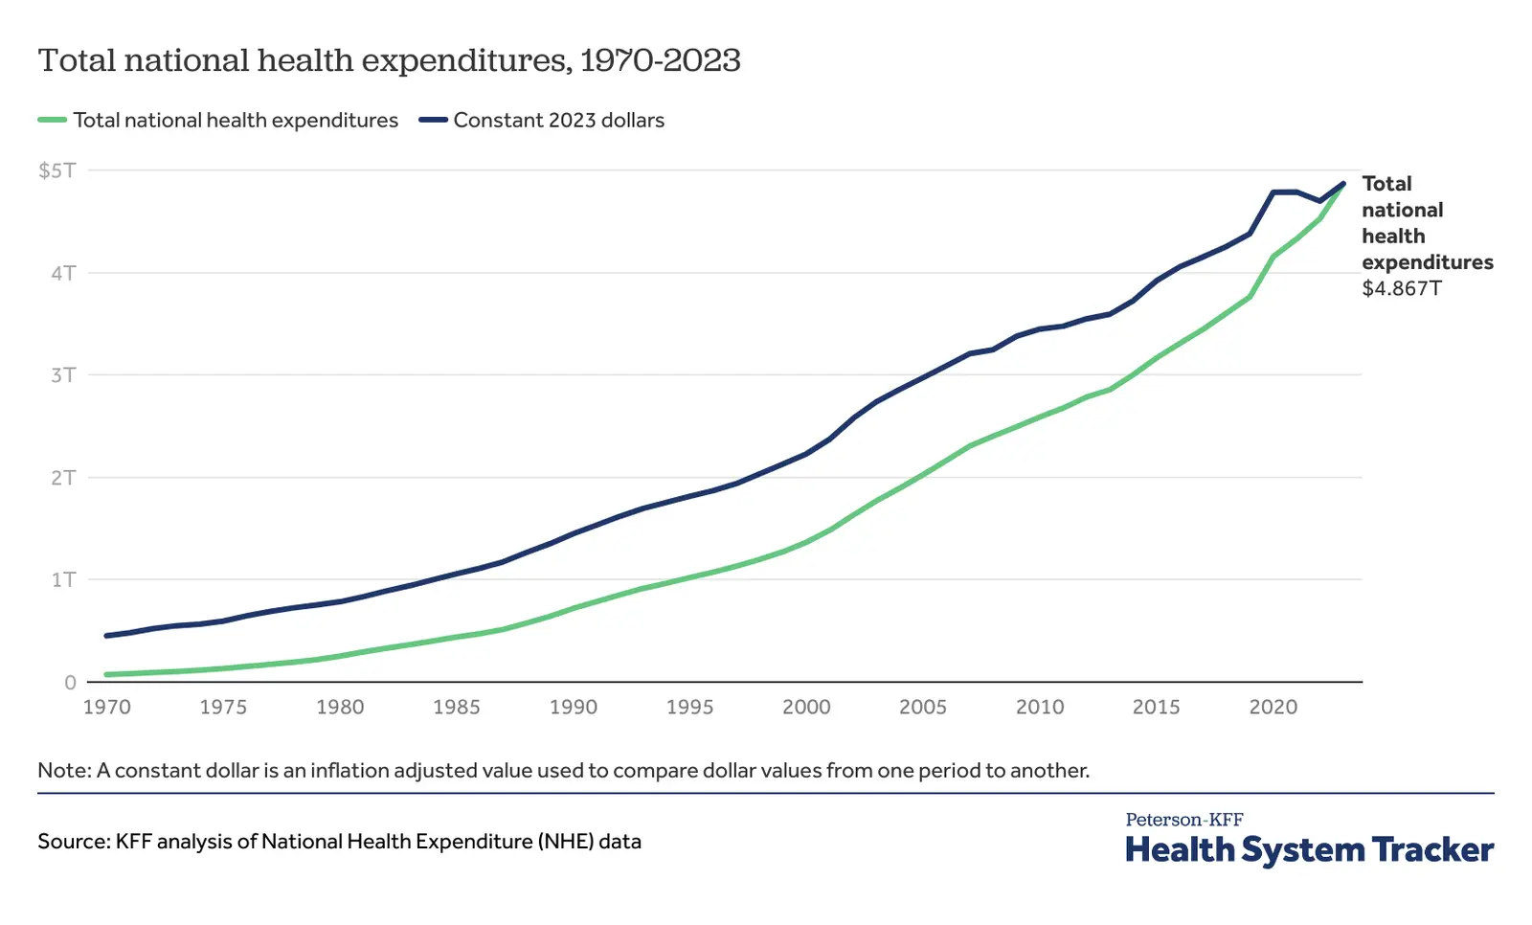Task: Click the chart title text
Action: pyautogui.click(x=389, y=60)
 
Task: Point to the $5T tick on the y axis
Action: pyautogui.click(x=56, y=170)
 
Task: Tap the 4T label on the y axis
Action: pyautogui.click(x=63, y=273)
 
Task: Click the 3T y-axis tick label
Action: pyautogui.click(x=63, y=375)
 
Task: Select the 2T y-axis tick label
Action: pyautogui.click(x=63, y=478)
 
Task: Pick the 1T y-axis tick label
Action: pyautogui.click(x=63, y=580)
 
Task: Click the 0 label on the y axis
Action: pyautogui.click(x=70, y=683)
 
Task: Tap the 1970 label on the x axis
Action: pyautogui.click(x=106, y=708)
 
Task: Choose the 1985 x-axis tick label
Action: pyautogui.click(x=456, y=708)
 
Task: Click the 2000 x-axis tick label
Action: pyautogui.click(x=806, y=708)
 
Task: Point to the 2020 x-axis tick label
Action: pyautogui.click(x=1273, y=708)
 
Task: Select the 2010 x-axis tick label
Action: pyautogui.click(x=1039, y=708)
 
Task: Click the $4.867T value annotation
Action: pyautogui.click(x=1401, y=288)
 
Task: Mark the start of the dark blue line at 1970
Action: pyautogui.click(x=106, y=636)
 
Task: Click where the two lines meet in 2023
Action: pyautogui.click(x=1342, y=184)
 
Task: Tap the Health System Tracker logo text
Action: pyautogui.click(x=1309, y=849)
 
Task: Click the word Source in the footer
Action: pyautogui.click(x=73, y=842)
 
